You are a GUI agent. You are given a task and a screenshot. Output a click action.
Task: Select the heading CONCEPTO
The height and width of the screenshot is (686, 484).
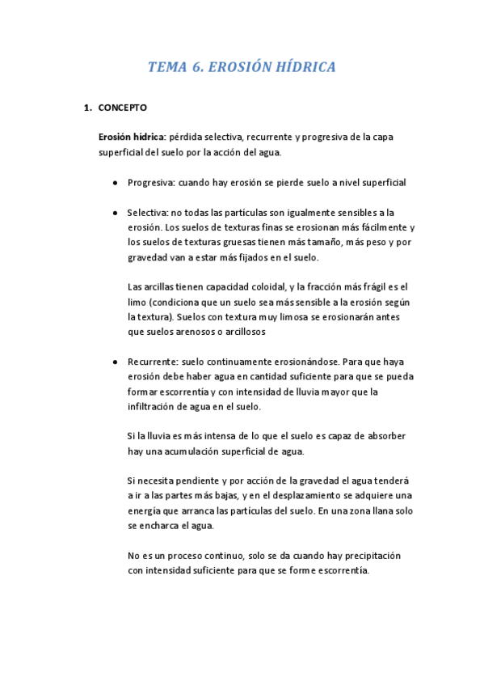122,108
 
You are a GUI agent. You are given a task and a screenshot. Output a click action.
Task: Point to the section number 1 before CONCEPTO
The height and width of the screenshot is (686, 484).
87,108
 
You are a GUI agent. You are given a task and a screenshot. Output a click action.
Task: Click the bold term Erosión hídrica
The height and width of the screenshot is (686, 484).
132,138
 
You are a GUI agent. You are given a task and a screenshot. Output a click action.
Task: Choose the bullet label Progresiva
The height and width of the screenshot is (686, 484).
150,182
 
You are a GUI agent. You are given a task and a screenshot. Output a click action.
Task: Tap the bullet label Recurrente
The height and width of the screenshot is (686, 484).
153,362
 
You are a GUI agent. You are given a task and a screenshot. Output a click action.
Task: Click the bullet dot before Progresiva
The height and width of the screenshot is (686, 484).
117,183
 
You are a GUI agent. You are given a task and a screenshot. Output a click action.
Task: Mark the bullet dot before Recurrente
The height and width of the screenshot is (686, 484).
117,363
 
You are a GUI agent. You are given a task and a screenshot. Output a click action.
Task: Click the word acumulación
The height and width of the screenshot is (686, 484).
194,451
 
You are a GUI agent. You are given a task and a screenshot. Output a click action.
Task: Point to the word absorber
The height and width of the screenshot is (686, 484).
384,436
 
